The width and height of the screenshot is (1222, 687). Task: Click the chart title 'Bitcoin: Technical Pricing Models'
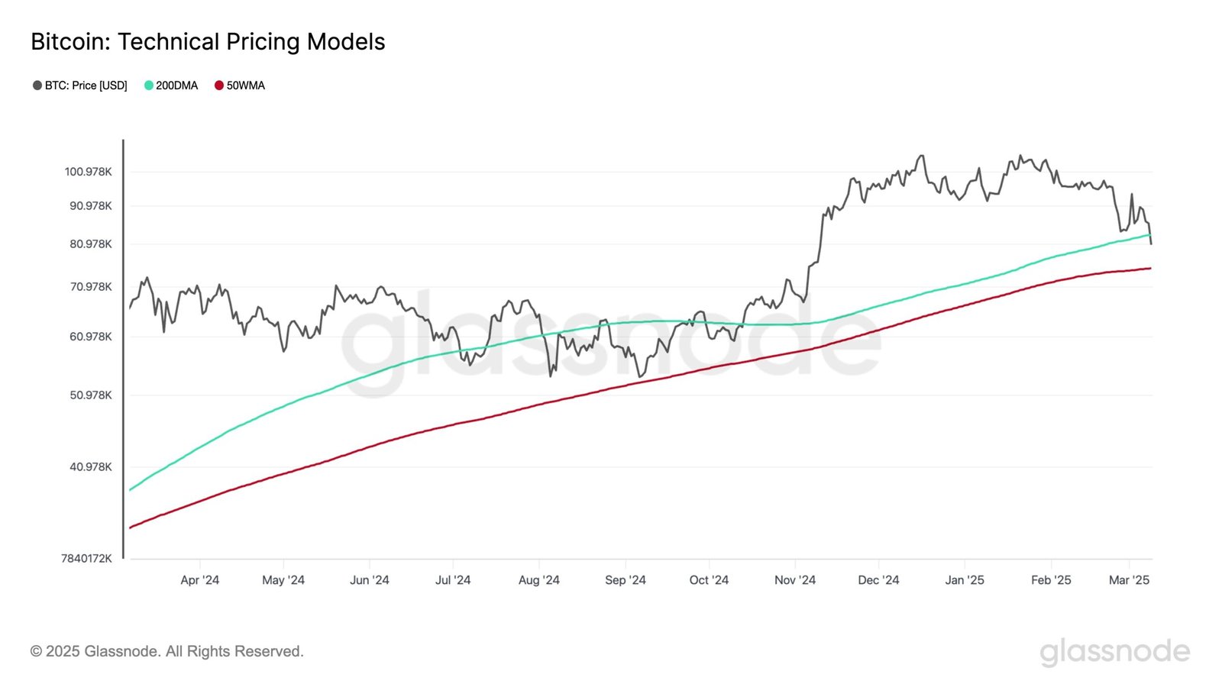coord(208,41)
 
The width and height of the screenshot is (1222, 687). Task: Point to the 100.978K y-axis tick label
coord(88,172)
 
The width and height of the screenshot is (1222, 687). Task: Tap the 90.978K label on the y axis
coord(91,206)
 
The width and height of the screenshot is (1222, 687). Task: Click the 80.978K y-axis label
coord(91,244)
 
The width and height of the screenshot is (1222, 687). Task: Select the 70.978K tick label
coord(91,287)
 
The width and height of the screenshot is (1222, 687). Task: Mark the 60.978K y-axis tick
coord(91,337)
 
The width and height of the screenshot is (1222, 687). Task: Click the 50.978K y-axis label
coord(91,395)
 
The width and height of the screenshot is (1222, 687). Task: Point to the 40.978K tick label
coord(91,467)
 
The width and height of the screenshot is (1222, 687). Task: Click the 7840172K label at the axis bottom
coord(86,559)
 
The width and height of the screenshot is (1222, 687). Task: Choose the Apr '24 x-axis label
coord(199,580)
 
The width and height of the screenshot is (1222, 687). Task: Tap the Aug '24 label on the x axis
coord(538,580)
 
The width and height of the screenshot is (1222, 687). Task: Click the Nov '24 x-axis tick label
coord(794,580)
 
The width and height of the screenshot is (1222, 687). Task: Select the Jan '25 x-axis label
coord(964,580)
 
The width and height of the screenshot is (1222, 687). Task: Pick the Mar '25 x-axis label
coord(1129,580)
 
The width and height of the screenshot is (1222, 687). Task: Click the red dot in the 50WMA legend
coord(219,85)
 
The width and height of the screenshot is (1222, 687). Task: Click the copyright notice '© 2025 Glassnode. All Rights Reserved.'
coord(167,651)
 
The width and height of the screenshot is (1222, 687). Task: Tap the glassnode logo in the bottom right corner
coord(1114,652)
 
